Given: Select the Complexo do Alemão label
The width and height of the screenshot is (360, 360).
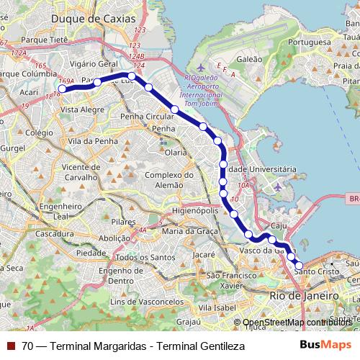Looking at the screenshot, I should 169,179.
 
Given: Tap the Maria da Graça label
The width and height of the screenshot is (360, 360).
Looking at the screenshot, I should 190,230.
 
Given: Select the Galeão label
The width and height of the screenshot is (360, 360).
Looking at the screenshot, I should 249,59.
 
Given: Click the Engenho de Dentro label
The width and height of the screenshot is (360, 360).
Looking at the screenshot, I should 116,276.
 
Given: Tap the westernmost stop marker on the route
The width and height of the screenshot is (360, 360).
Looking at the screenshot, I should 62,89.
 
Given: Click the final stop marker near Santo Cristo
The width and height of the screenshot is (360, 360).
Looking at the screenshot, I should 300,266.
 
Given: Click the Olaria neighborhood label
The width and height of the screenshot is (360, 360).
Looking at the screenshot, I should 176,153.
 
